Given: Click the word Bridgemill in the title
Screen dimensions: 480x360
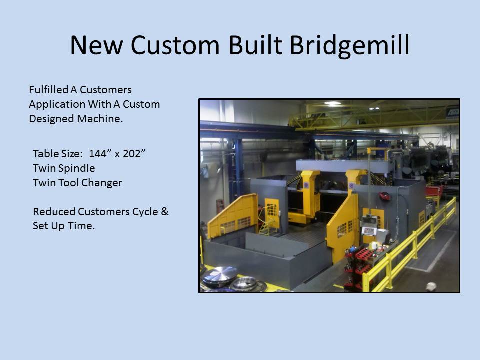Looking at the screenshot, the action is [x=349, y=46].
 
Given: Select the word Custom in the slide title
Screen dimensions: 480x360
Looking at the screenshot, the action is [x=175, y=46].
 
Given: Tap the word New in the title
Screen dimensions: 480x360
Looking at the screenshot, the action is [x=96, y=46].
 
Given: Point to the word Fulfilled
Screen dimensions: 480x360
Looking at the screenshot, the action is [x=48, y=89].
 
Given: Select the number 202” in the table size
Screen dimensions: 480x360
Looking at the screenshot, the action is [x=134, y=153].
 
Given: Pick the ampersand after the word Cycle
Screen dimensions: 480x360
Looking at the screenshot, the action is [x=164, y=211].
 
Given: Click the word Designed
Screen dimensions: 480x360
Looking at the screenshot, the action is [x=52, y=119].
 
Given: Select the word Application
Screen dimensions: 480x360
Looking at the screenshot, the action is [x=57, y=104].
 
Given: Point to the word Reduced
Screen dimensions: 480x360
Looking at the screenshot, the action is [x=54, y=211].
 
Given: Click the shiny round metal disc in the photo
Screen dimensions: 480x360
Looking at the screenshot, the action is [x=220, y=274].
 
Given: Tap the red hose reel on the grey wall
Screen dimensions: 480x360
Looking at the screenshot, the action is [x=385, y=196].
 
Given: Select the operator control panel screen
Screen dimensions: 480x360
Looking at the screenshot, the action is [x=369, y=231].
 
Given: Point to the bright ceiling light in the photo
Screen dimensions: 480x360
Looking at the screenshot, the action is [x=333, y=104].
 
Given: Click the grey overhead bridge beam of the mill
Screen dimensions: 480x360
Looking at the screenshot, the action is [x=343, y=166].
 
